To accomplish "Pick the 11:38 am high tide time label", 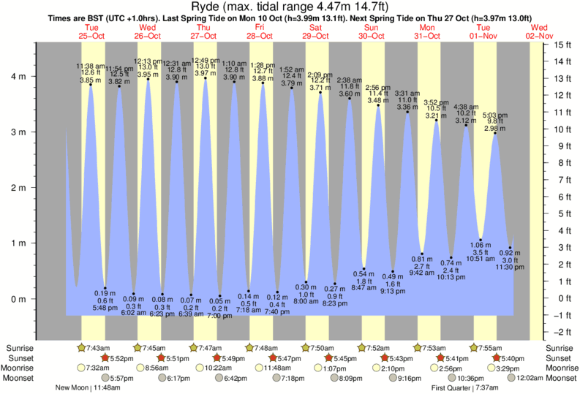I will click(x=91, y=66).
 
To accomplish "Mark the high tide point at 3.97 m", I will click(x=206, y=78).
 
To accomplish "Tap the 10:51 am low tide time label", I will click(x=480, y=258).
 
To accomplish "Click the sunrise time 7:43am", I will click(x=97, y=347).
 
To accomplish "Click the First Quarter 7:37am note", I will click(x=467, y=388).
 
